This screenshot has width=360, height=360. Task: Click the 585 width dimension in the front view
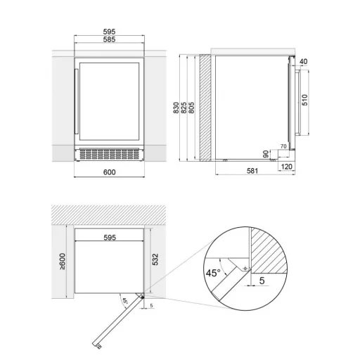tap(109, 39)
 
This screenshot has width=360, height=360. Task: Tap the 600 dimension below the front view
tap(110, 172)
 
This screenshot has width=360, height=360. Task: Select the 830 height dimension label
tap(176, 108)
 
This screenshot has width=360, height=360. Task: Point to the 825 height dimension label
tap(184, 108)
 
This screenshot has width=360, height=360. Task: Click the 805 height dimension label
tap(191, 108)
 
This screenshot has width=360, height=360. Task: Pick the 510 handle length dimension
tap(304, 100)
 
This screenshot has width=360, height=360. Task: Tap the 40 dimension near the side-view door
tap(303, 61)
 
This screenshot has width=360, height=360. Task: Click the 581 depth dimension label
tap(252, 171)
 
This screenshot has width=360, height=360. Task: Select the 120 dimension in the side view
tap(286, 167)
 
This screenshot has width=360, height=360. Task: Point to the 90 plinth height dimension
tap(266, 154)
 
